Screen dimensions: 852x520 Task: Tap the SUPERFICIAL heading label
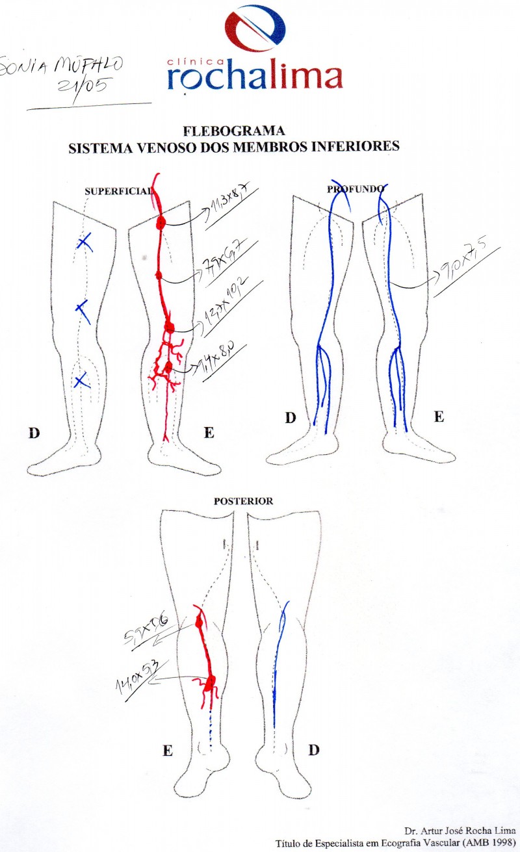pyautogui.click(x=118, y=192)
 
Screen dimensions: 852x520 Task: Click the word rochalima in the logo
pyautogui.click(x=254, y=77)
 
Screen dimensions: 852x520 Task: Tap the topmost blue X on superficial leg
pyautogui.click(x=84, y=243)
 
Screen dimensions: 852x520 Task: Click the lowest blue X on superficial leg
pyautogui.click(x=81, y=381)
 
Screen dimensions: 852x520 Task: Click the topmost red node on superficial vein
pyautogui.click(x=161, y=222)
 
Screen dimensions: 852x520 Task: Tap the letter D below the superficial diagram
pyautogui.click(x=32, y=432)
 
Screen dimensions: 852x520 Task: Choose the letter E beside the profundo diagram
pyautogui.click(x=439, y=417)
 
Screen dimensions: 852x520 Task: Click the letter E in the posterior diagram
pyautogui.click(x=167, y=751)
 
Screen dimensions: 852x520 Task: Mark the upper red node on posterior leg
pyautogui.click(x=200, y=622)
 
